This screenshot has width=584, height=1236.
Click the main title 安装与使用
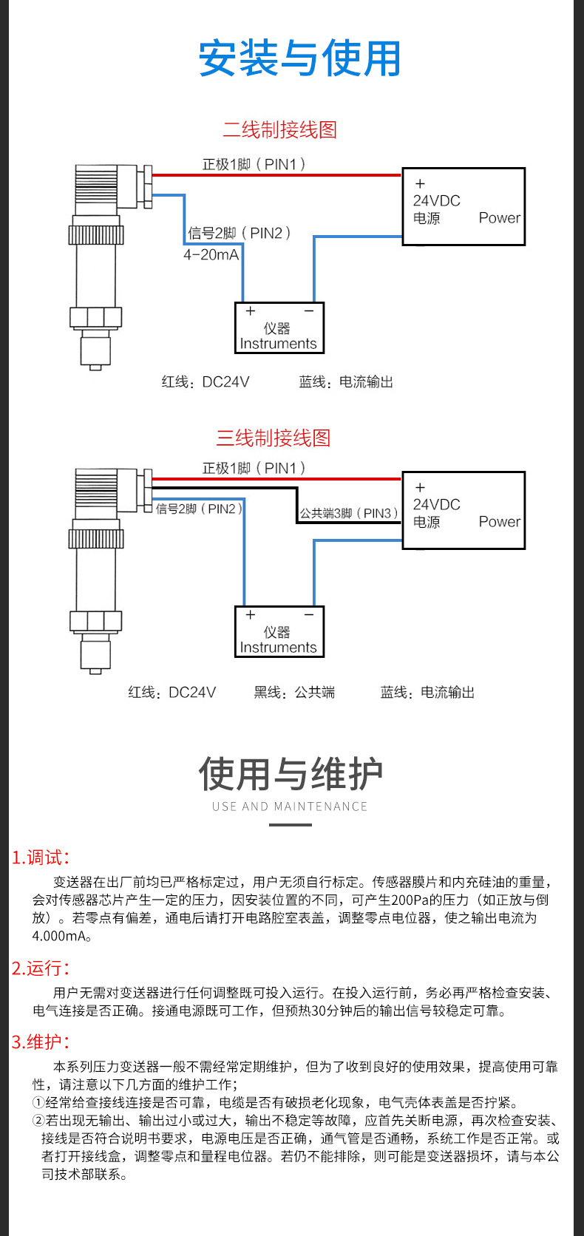pyautogui.click(x=299, y=59)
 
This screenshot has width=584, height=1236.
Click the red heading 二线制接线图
pyautogui.click(x=279, y=130)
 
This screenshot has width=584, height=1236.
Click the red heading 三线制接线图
pyautogui.click(x=273, y=438)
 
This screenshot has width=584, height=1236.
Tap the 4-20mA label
pyautogui.click(x=211, y=255)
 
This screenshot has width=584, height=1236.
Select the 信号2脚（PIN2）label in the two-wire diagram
pyautogui.click(x=239, y=234)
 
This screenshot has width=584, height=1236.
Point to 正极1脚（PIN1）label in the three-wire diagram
pyautogui.click(x=254, y=468)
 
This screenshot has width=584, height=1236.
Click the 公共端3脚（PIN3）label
pyautogui.click(x=348, y=513)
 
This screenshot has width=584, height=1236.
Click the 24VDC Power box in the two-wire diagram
pyautogui.click(x=464, y=207)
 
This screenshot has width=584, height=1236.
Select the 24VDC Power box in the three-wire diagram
pyautogui.click(x=464, y=511)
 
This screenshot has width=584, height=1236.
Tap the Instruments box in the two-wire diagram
pyautogui.click(x=279, y=328)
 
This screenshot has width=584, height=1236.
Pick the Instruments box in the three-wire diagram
pyautogui.click(x=279, y=632)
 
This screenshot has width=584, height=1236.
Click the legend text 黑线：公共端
pyautogui.click(x=294, y=693)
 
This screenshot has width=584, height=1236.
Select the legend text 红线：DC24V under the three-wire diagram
pyautogui.click(x=172, y=693)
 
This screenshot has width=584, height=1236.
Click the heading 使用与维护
pyautogui.click(x=291, y=775)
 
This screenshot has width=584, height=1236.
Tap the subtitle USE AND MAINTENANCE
pyautogui.click(x=290, y=807)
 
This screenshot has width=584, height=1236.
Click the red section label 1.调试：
pyautogui.click(x=41, y=858)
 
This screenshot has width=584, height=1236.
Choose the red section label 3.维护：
pyautogui.click(x=41, y=1042)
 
